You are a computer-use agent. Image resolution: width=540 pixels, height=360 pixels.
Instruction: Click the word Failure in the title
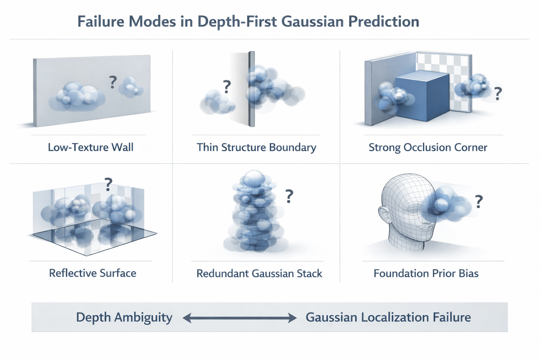(100, 21)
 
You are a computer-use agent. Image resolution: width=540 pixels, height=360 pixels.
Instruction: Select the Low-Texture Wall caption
(91, 147)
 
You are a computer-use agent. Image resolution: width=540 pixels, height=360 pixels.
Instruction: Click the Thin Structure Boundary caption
(256, 147)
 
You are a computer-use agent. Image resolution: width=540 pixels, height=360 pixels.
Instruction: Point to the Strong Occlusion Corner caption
(428, 147)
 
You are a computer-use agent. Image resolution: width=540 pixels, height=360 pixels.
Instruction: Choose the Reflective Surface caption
(92, 273)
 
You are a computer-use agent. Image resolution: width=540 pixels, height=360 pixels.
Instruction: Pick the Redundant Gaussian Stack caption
(259, 273)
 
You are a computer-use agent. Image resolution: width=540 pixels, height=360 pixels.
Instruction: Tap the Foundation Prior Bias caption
(426, 273)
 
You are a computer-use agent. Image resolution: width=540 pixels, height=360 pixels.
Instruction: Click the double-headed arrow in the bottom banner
(240, 318)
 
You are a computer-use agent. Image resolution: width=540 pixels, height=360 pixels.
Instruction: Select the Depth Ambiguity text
(124, 317)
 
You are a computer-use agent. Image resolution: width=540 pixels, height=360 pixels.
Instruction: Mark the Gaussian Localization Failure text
(388, 317)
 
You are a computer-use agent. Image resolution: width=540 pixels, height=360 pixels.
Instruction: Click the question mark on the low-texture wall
(112, 82)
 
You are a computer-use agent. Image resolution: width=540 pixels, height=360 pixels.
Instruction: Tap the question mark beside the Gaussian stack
(289, 196)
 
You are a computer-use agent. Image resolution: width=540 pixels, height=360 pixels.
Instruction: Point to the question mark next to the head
(478, 201)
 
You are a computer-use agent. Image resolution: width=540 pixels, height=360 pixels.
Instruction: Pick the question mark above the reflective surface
(108, 184)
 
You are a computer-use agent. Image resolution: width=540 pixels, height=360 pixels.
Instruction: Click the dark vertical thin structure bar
(251, 89)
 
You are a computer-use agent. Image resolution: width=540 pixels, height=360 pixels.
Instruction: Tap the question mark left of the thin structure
(227, 86)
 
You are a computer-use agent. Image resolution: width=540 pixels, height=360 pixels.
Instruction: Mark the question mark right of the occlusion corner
(498, 94)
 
